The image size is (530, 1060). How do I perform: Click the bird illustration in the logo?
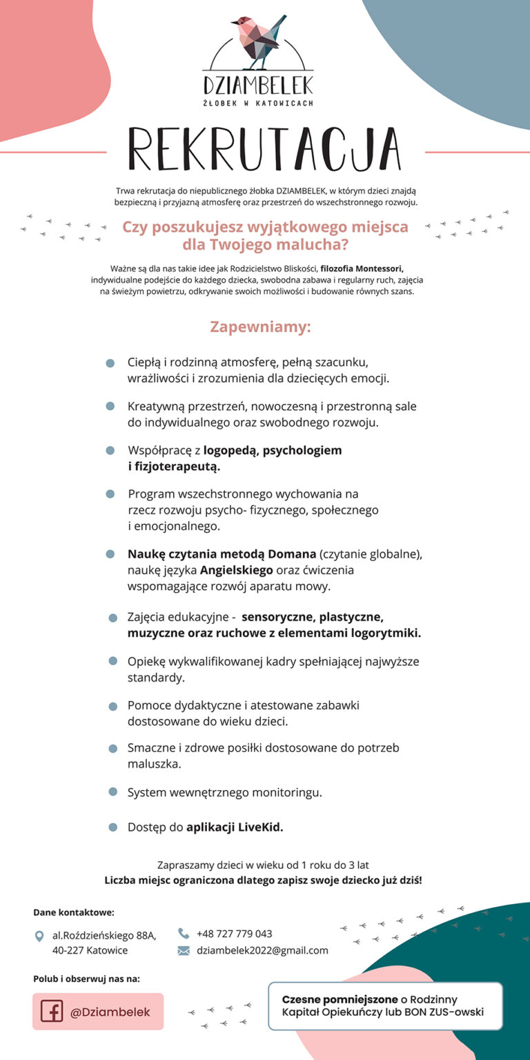point(257,41)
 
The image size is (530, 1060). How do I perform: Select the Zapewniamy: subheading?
point(261,326)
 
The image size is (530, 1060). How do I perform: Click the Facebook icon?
point(52,1012)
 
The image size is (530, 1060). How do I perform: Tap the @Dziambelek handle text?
point(110,1012)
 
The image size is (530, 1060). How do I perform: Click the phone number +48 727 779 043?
point(235,934)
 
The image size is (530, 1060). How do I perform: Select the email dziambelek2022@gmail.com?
point(262,950)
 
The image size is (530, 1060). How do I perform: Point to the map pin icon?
point(39,936)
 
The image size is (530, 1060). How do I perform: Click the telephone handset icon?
point(184,933)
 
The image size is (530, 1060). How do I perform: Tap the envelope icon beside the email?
point(184,950)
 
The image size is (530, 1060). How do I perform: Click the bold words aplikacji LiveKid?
point(235,827)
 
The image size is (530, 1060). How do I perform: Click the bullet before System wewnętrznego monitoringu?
point(112,792)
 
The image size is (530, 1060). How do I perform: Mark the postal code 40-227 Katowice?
point(90,950)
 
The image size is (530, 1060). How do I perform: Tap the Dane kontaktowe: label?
point(74,912)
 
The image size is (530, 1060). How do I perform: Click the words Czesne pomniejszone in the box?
point(340,999)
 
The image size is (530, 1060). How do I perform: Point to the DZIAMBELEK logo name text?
point(258,85)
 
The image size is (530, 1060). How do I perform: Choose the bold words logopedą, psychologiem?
point(273,451)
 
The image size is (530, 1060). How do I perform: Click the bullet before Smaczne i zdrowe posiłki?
point(112,748)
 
